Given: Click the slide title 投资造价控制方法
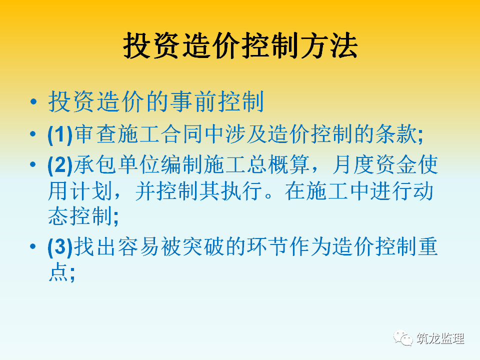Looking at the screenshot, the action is click(240, 45).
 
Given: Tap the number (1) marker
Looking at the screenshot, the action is click(60, 134).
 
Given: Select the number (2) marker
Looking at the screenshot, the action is click(60, 165).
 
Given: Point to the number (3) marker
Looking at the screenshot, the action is click(60, 246).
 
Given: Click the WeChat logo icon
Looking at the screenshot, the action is click(403, 338).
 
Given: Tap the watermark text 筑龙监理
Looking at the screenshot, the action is click(440, 338).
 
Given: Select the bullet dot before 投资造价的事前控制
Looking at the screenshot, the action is click(33, 101).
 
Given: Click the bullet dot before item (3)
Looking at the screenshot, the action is click(33, 246).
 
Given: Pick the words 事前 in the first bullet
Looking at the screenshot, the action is click(194, 101).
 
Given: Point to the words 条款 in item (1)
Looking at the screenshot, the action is click(396, 134).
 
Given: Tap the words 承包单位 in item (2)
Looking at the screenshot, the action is click(116, 164).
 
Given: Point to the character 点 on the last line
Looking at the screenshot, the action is click(58, 272).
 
